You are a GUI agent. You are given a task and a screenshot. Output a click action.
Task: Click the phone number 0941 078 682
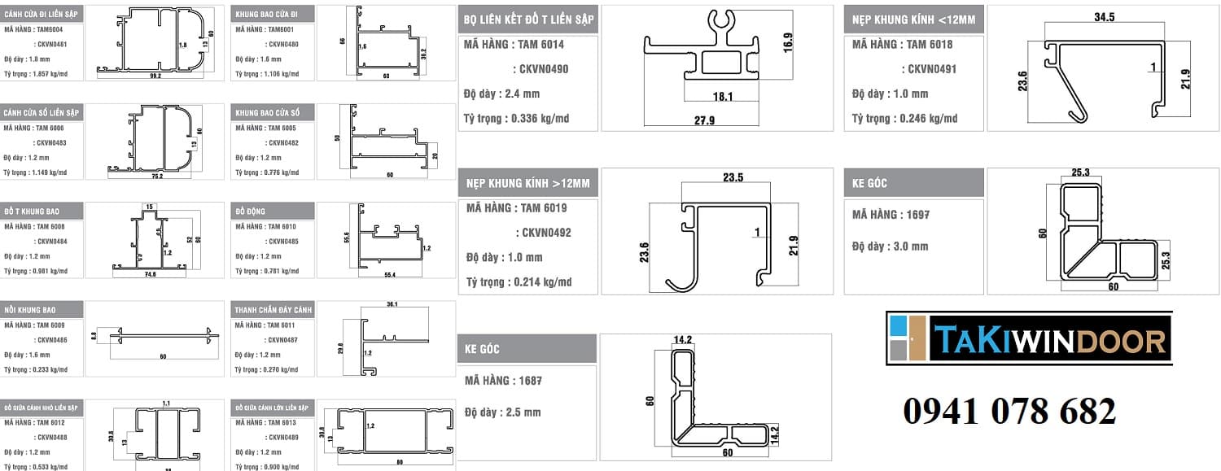point(1009,412)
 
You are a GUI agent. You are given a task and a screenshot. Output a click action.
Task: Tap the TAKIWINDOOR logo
point(1029,338)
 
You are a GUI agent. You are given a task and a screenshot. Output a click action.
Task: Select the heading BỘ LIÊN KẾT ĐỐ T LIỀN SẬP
point(529,19)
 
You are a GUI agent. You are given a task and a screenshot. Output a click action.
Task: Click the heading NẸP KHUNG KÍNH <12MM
point(913,19)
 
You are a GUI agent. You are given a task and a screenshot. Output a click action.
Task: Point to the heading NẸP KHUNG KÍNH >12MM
point(528,183)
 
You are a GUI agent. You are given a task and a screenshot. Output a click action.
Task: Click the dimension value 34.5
point(1104,16)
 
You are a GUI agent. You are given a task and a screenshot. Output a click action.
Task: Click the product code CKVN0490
point(540,69)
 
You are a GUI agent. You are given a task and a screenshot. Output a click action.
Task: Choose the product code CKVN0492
point(543,233)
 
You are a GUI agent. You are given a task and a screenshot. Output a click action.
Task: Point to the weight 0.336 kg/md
point(540,119)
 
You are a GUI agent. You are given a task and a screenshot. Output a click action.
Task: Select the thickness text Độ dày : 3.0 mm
point(890,246)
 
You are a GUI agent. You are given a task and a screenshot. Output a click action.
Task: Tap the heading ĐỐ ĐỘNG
point(249,212)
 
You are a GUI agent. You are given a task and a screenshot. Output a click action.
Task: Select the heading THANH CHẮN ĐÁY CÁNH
point(273,310)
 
